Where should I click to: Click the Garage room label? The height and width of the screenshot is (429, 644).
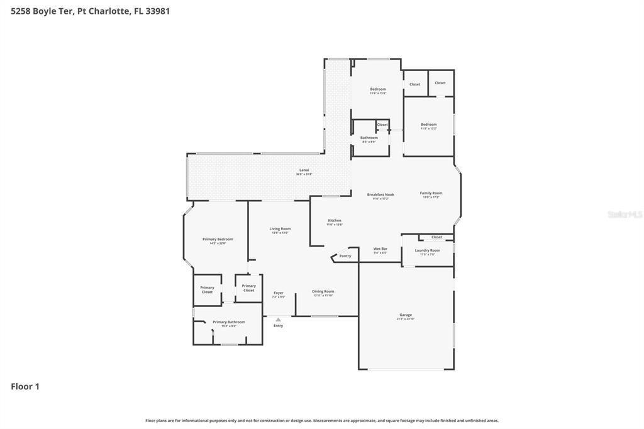click(x=406, y=315)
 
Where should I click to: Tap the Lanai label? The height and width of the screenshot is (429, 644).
click(x=304, y=170)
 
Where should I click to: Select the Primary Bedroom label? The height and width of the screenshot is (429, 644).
click(x=218, y=239)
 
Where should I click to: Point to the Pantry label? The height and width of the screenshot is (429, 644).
click(x=345, y=256)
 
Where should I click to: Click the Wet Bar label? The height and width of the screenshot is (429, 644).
click(x=380, y=249)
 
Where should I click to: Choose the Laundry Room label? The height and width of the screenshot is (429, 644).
click(x=428, y=250)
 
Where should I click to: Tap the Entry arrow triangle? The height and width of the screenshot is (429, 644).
click(x=278, y=320)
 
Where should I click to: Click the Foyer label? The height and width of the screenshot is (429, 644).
click(x=278, y=293)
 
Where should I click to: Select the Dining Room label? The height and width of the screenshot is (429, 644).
click(x=323, y=291)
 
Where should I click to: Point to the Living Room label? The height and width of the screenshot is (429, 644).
click(x=280, y=229)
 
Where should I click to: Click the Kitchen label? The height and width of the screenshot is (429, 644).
click(x=335, y=221)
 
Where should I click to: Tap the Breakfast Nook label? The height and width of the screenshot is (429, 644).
click(x=380, y=195)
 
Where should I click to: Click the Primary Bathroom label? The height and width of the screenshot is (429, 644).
click(x=229, y=322)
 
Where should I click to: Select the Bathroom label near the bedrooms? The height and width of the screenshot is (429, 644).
click(x=369, y=138)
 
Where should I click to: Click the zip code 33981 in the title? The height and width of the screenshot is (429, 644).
click(x=157, y=11)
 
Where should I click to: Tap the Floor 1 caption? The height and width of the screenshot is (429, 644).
click(x=25, y=386)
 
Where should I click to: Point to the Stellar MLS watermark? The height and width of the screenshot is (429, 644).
click(x=625, y=214)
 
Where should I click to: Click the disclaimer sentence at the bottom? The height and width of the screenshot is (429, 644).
click(x=322, y=420)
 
